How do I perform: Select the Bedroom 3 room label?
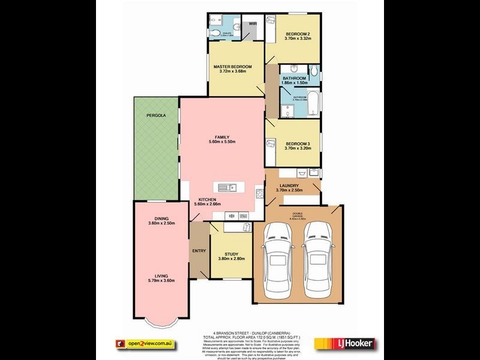(298, 143)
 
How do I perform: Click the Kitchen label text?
(207, 200)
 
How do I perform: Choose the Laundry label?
(289, 186)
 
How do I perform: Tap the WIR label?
(253, 23)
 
